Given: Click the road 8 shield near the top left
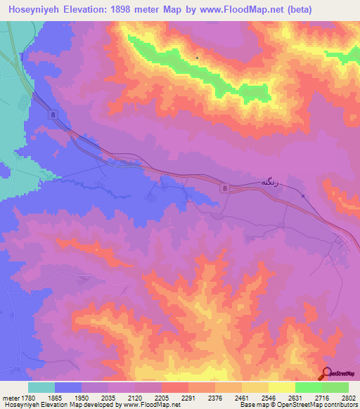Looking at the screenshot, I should point(54,114).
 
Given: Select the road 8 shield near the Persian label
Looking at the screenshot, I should point(224,188).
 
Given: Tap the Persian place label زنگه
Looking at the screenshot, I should point(274,182).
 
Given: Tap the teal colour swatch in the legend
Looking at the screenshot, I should point(41,387).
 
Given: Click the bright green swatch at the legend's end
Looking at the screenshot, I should point(335,387).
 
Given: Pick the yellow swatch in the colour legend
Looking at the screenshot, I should point(281,387).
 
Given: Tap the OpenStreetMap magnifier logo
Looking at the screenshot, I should point(326,375).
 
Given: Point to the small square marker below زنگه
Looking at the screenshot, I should point(303,196).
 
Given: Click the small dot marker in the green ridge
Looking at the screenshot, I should point(198,57).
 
